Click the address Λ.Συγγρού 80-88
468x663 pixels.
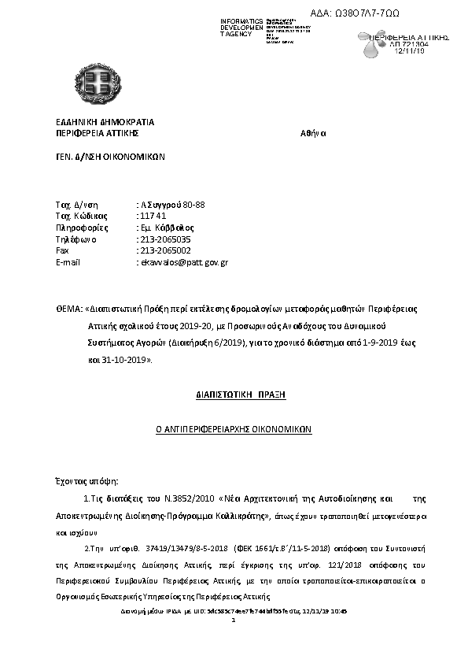point(171,205)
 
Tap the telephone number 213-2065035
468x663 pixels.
point(165,239)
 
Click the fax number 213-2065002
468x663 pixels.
point(165,250)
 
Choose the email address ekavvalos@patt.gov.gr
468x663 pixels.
point(183,261)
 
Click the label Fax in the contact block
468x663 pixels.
point(63,250)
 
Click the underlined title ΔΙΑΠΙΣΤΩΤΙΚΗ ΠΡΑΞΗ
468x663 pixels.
point(234,391)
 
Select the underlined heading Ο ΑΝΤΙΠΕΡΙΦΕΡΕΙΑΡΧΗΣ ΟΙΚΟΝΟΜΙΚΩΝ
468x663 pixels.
point(234,430)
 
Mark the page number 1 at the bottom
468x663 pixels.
point(234,620)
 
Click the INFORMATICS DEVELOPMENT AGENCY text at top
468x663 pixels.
point(241,27)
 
